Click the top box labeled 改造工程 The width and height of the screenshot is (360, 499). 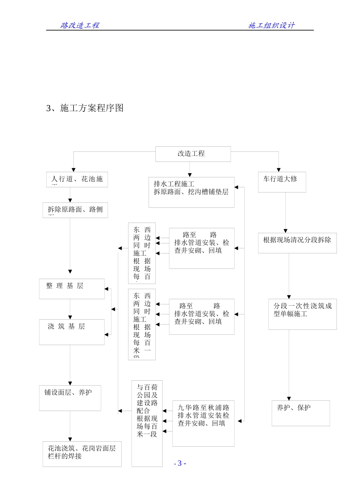193,154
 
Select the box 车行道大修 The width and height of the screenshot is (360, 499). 282,182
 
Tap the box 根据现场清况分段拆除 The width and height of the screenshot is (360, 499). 297,243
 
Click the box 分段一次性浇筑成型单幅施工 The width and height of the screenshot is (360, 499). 302,314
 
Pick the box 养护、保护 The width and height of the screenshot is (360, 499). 301,413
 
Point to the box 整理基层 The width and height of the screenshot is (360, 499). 72,289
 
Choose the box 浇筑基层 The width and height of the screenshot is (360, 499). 72,332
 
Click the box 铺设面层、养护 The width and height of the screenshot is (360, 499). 70,398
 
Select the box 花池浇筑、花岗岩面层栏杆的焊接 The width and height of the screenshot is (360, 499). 82,454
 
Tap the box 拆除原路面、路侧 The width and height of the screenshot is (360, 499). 75,210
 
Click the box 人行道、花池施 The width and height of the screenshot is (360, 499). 77,179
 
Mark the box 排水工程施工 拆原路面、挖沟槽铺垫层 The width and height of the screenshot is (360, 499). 191,192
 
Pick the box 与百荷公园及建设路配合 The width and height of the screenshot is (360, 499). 147,423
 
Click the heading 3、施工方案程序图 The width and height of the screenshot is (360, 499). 85,108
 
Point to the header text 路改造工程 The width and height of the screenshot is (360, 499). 80,25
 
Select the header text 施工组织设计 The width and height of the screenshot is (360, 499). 271,25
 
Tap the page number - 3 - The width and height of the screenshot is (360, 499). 180,463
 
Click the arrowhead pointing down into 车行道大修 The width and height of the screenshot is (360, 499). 279,170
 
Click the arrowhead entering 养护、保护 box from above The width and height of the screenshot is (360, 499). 289,399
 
